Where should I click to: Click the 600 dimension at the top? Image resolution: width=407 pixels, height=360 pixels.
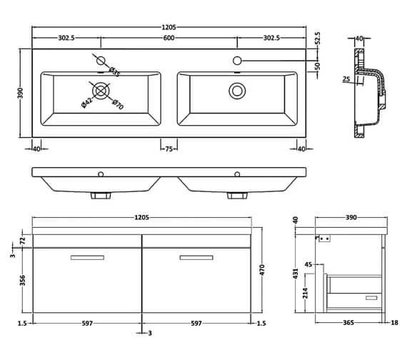pos(169,39)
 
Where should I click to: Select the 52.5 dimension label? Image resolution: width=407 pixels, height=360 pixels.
pos(318,37)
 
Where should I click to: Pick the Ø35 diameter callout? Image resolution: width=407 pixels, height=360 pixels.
pos(113,70)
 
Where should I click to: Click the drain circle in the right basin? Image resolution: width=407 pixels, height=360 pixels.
pos(236,91)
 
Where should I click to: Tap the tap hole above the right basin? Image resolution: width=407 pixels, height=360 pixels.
pos(236,61)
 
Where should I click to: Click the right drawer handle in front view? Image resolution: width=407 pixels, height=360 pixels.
pos(196,257)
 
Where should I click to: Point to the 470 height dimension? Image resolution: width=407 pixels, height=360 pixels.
pos(261,271)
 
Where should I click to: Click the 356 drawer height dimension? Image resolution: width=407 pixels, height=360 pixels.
pos(22,280)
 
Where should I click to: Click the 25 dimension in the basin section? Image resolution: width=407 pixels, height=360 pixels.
pos(346,79)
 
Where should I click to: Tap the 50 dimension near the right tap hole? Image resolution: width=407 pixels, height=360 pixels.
pos(318,66)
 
